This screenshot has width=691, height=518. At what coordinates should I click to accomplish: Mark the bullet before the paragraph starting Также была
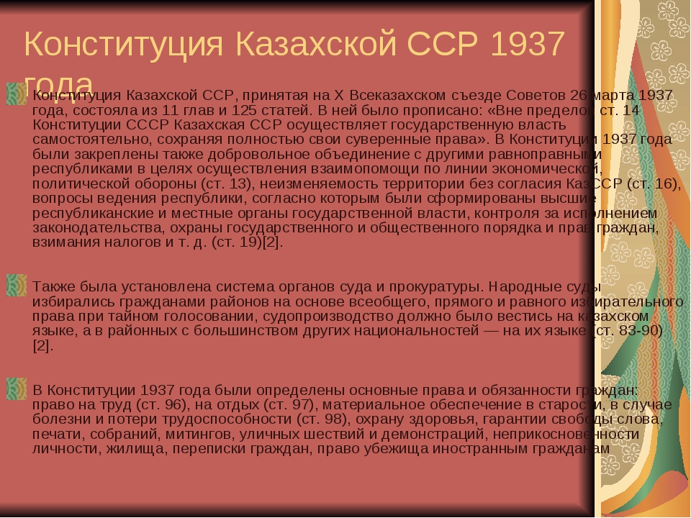(16, 284)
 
